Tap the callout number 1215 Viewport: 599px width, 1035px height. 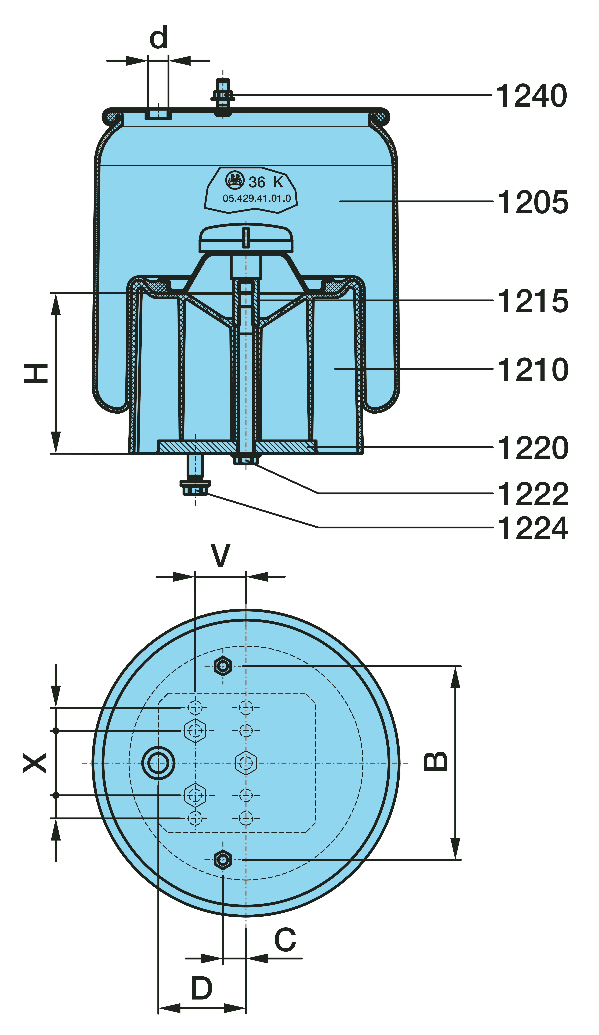[x=532, y=301]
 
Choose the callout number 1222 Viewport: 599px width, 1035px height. [x=532, y=494]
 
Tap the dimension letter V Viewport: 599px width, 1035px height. [x=221, y=556]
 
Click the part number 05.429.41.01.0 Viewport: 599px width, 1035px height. [x=256, y=198]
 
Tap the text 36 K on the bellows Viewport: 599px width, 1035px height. [x=266, y=182]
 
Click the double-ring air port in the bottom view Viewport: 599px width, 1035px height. [x=158, y=763]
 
